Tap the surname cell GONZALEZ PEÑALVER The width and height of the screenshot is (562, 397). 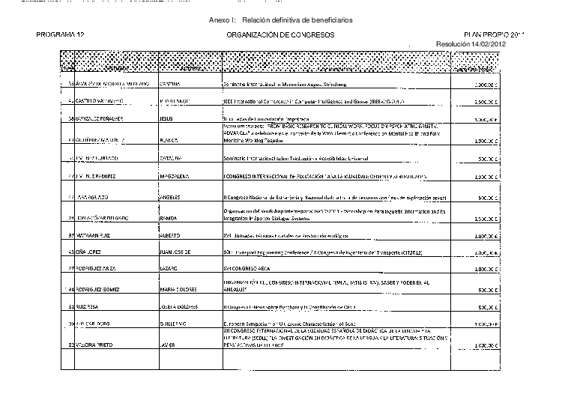(x=97, y=119)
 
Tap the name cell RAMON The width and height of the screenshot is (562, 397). (x=170, y=217)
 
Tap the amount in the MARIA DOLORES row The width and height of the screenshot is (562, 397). (x=487, y=288)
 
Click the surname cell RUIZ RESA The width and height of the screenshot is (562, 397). (x=89, y=307)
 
